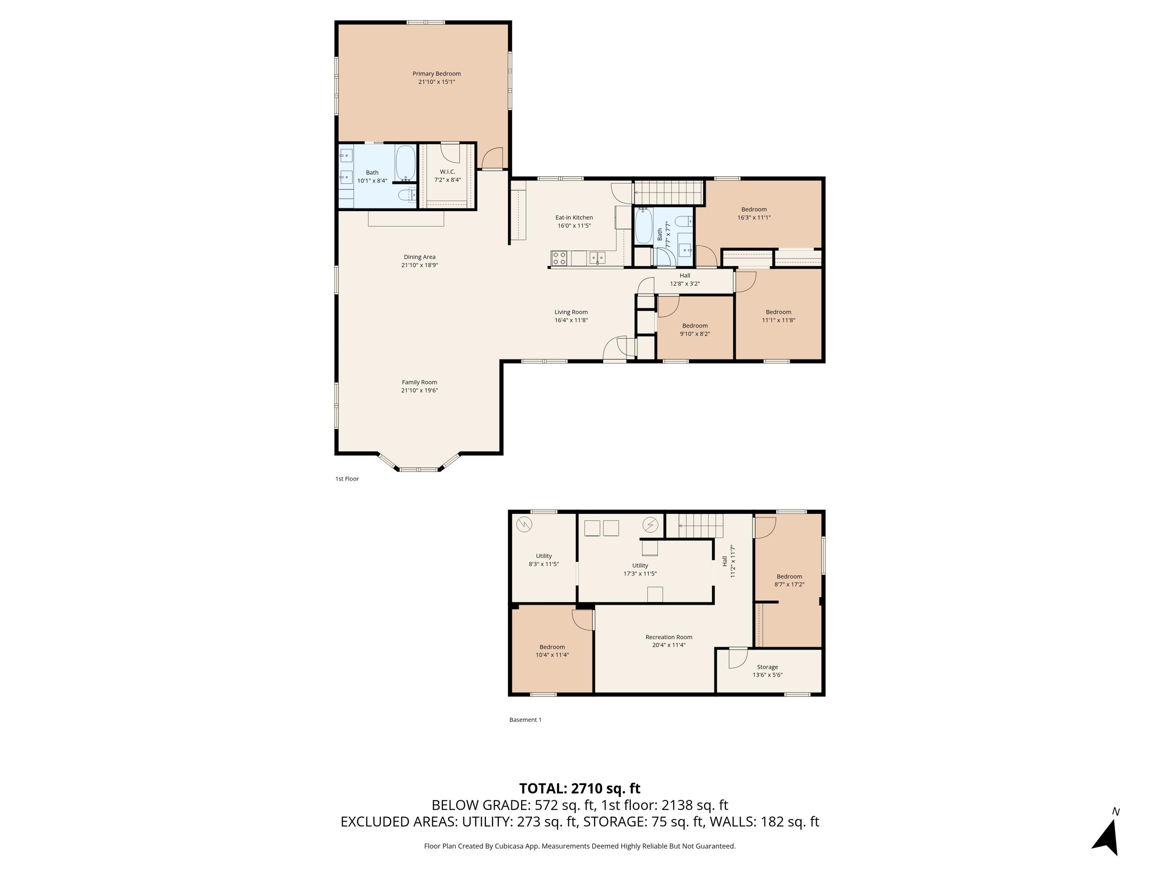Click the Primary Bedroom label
[x=436, y=74]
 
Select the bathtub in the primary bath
[x=405, y=163]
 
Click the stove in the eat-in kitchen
[x=559, y=258]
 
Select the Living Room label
[x=571, y=312]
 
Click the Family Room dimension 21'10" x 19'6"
[x=420, y=390]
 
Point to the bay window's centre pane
[x=418, y=469]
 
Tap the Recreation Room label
[x=669, y=637]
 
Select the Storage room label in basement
[x=767, y=667]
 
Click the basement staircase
[x=700, y=525]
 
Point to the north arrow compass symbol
[x=1107, y=837]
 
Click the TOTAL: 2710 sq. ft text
[x=580, y=789]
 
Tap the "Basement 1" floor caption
[x=525, y=720]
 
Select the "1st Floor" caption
[x=346, y=479]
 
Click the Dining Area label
[x=419, y=257]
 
